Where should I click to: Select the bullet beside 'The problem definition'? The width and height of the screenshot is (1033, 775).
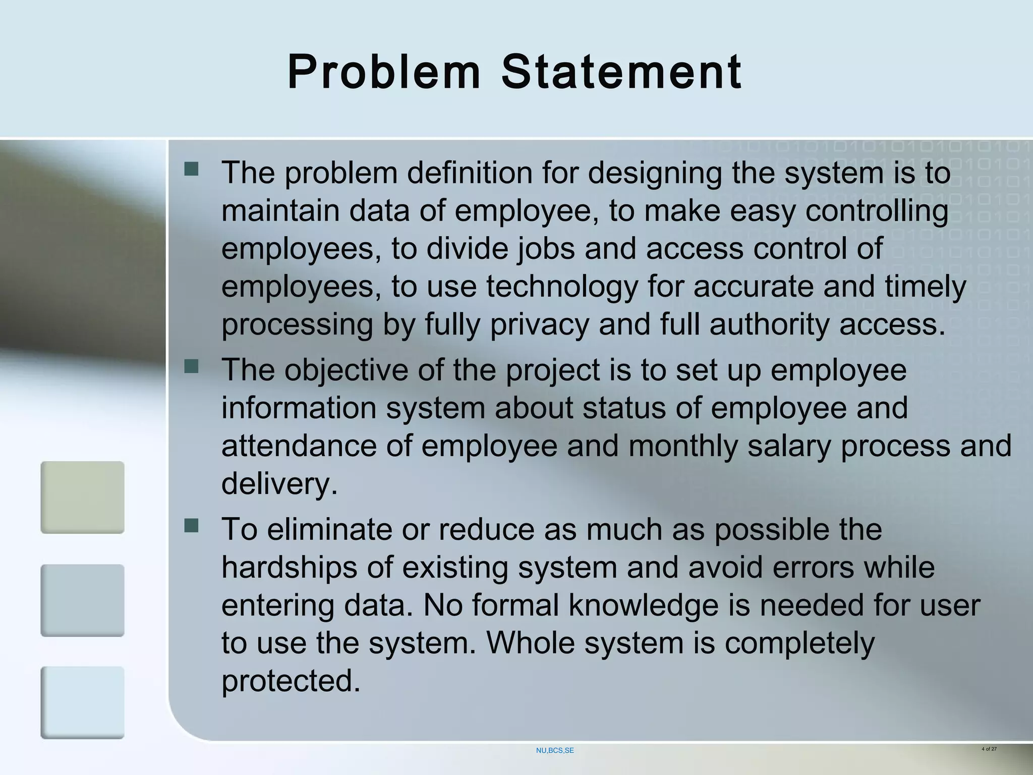(x=192, y=168)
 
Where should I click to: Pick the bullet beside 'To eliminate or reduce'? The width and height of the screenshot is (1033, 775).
(x=192, y=526)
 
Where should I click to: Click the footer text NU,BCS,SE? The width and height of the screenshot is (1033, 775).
(x=555, y=750)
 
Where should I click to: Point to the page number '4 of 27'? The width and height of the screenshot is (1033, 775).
(x=989, y=749)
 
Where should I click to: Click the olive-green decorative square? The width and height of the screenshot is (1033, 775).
(x=82, y=497)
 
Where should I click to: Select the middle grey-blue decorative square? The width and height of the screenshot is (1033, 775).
(x=82, y=600)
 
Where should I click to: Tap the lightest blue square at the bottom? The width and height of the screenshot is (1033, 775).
(x=82, y=702)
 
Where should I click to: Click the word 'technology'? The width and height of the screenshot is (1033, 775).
(x=562, y=287)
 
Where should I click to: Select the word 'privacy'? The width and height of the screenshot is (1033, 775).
(x=540, y=324)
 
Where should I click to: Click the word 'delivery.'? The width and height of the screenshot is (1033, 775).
(x=279, y=484)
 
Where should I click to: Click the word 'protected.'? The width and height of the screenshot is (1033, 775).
(x=291, y=681)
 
